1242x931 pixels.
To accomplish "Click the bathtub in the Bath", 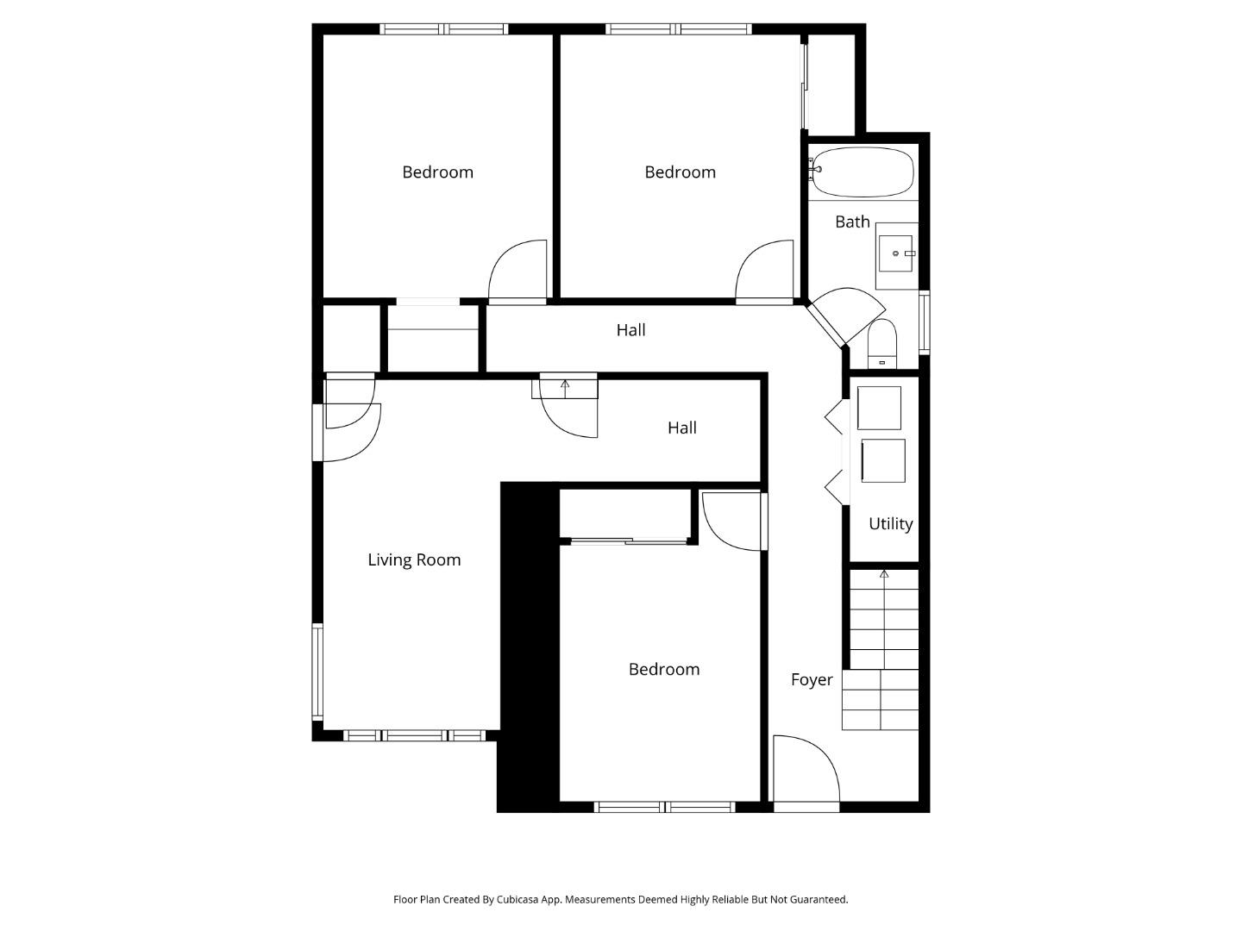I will pyautogui.click(x=862, y=172).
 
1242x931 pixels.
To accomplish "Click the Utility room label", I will pyautogui.click(x=890, y=523).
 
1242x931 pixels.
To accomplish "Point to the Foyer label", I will pyautogui.click(x=812, y=679).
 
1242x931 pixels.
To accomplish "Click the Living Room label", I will pyautogui.click(x=414, y=559).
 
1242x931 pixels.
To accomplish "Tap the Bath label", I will pyautogui.click(x=852, y=222).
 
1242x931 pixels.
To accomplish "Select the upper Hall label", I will pyautogui.click(x=630, y=329).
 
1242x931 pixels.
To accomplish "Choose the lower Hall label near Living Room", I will pyautogui.click(x=681, y=428).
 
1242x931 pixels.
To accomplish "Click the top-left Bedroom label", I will pyautogui.click(x=437, y=172).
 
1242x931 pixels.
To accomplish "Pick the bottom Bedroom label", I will pyautogui.click(x=663, y=669).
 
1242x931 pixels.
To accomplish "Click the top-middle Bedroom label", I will pyautogui.click(x=680, y=172).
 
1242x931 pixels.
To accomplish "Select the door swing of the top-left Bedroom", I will pyautogui.click(x=518, y=271).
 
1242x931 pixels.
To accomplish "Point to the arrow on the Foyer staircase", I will pyautogui.click(x=883, y=574).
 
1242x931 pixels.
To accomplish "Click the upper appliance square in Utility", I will pyautogui.click(x=879, y=408).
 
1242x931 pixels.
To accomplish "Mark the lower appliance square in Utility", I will pyautogui.click(x=883, y=460).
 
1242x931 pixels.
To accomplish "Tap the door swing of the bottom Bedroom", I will pyautogui.click(x=731, y=520).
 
